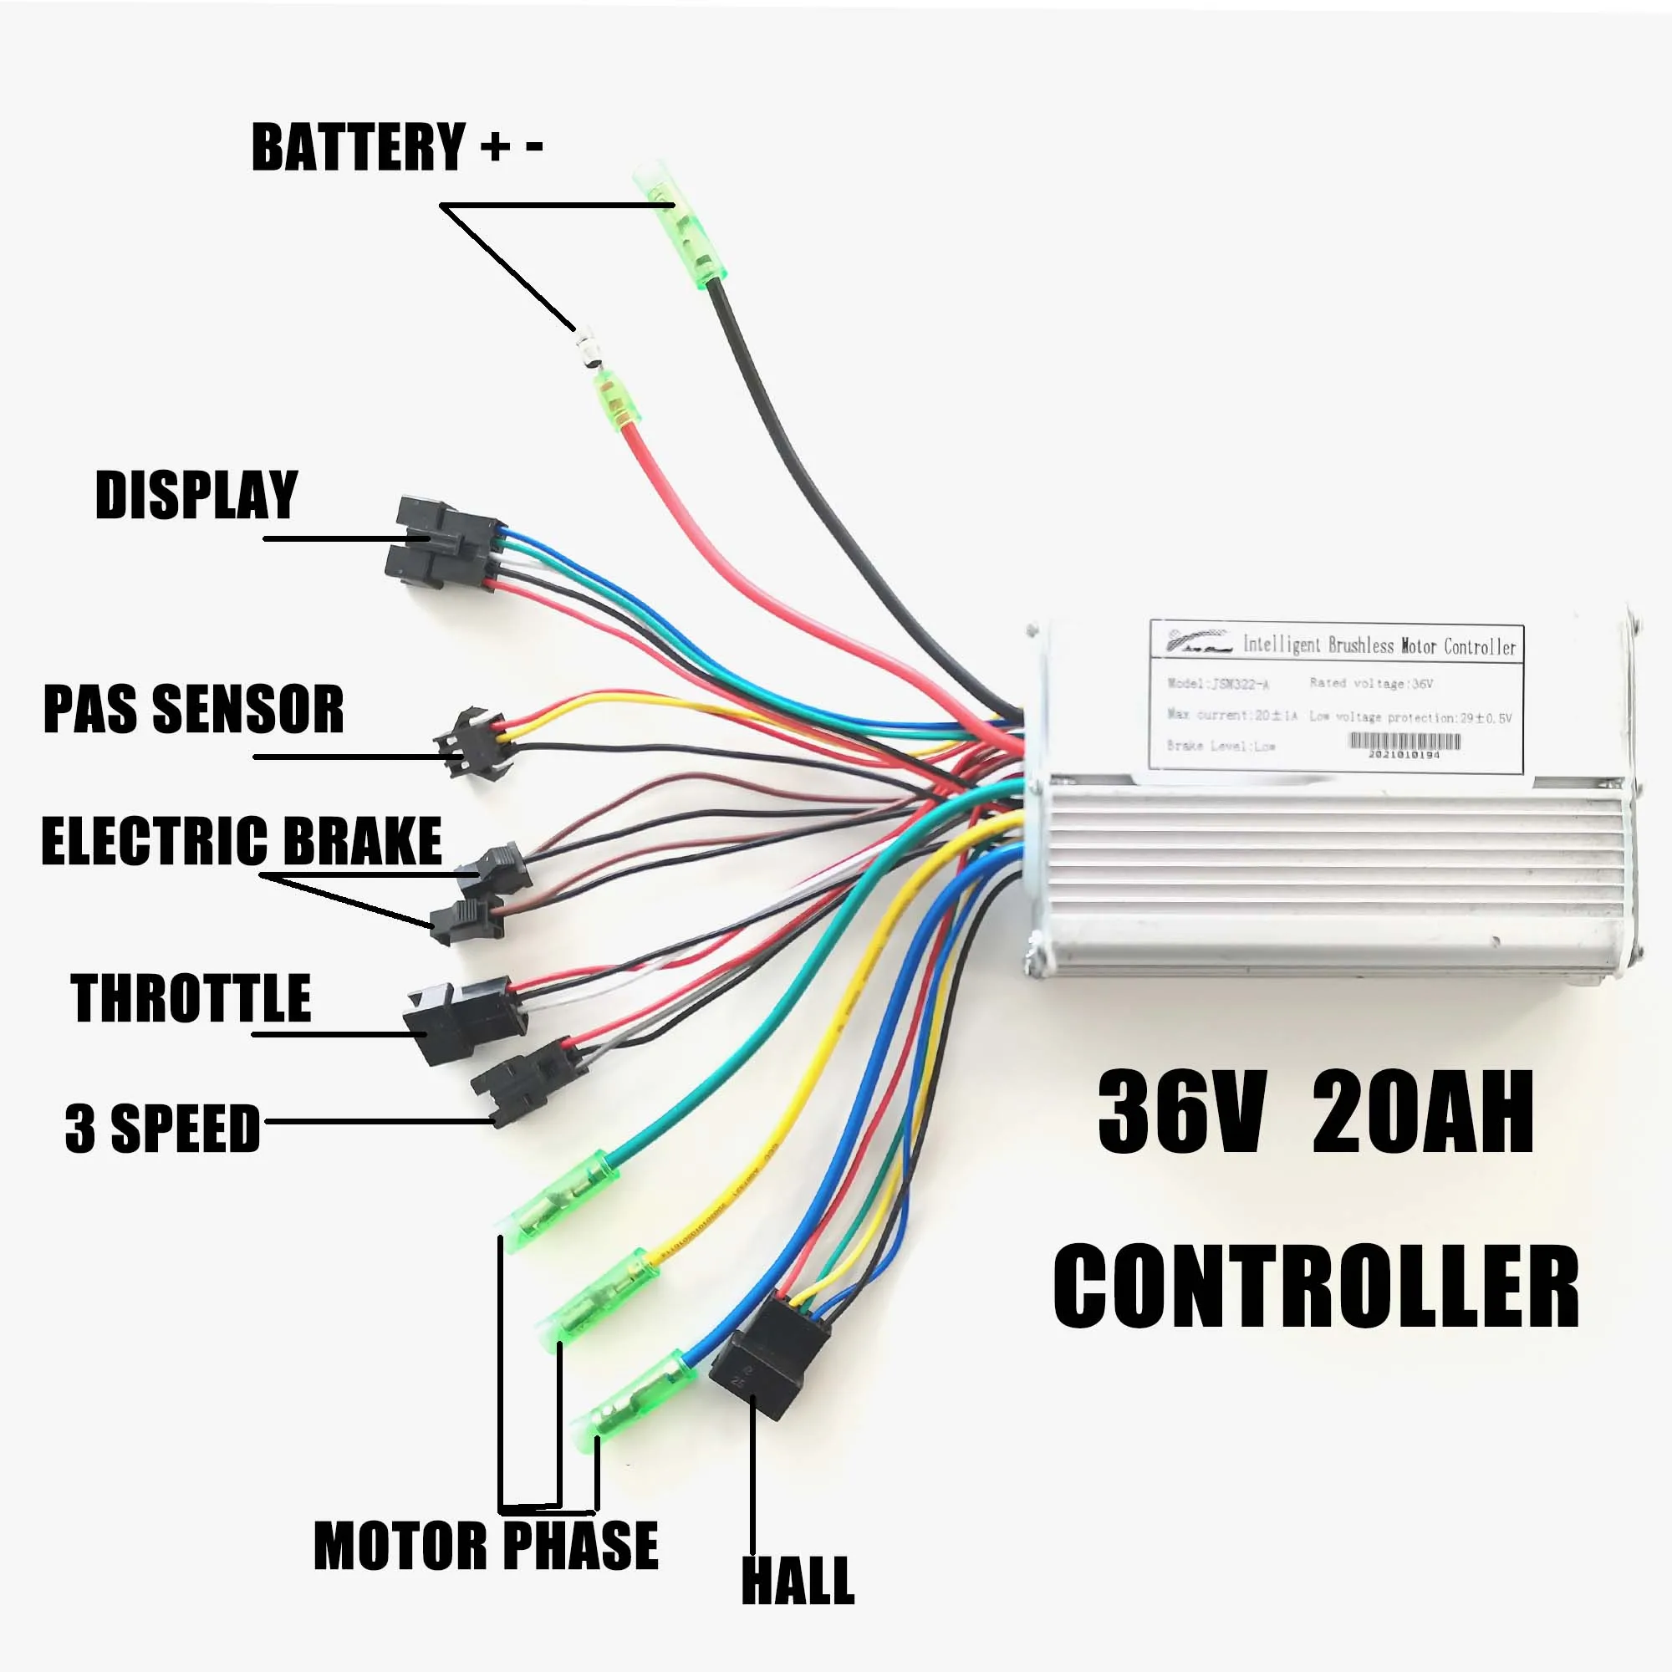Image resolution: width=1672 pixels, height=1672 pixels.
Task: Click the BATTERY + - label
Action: coord(396,147)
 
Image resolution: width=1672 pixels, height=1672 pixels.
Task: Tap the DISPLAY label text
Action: coord(196,495)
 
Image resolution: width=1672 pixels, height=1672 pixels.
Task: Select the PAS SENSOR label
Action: coord(193,710)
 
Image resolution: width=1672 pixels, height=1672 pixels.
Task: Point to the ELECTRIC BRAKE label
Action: coord(242,841)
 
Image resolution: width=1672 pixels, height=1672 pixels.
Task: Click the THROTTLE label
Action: coord(191,998)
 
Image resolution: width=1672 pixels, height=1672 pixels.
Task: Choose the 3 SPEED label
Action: coord(163,1129)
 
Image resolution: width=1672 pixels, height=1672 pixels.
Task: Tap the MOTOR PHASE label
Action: coord(486,1546)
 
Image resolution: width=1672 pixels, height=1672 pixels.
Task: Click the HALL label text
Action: coord(798,1580)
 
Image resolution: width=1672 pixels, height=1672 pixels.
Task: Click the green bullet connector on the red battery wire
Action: coord(616,403)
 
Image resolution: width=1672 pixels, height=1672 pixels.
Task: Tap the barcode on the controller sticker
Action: coord(1405,742)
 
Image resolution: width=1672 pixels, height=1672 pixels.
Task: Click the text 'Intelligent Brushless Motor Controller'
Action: coord(1379,645)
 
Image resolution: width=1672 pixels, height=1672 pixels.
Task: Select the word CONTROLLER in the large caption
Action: coord(1317,1284)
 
